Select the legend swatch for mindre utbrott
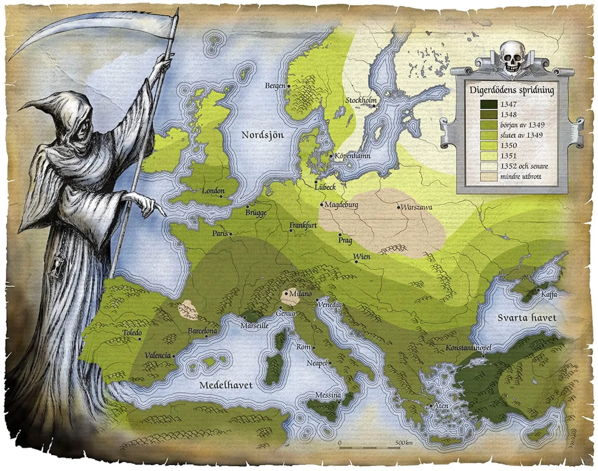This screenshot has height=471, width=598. (488, 177)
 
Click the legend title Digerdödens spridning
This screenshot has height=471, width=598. (511, 91)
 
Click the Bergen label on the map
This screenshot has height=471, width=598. (275, 86)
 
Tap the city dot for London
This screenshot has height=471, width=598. (221, 197)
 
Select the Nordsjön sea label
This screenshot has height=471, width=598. (263, 135)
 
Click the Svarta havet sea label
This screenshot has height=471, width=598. (527, 318)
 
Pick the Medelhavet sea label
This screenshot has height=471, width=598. (226, 385)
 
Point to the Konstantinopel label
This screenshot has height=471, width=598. (468, 348)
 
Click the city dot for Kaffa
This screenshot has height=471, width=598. (539, 290)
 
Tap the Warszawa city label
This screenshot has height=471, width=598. (417, 207)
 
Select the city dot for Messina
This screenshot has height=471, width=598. (339, 402)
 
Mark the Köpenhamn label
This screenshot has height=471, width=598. (352, 156)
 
